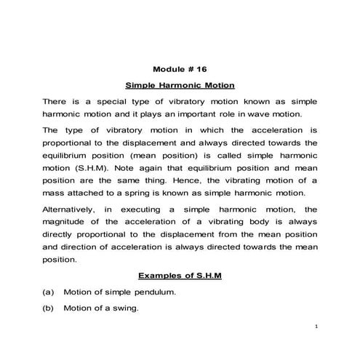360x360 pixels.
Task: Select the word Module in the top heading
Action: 168,70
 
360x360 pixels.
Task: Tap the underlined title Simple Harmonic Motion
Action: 179,85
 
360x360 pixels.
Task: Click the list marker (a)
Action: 49,292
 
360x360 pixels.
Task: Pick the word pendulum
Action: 153,292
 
